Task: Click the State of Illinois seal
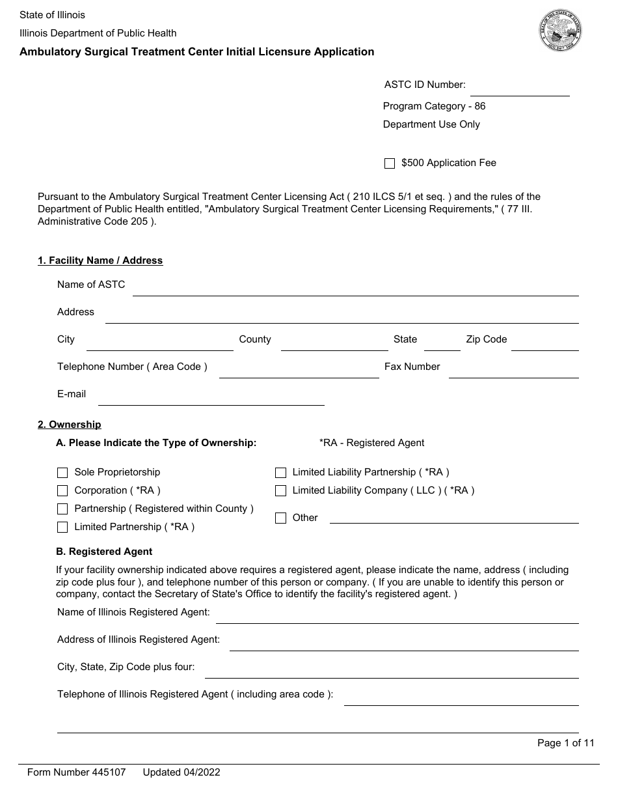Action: point(560,31)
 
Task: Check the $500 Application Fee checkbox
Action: point(390,163)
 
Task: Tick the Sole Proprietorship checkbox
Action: point(62,473)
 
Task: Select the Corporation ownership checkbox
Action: point(62,491)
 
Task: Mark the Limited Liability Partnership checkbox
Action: point(280,473)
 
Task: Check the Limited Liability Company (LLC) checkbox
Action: point(280,491)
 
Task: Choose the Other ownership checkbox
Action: point(280,518)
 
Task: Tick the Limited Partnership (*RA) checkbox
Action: point(62,527)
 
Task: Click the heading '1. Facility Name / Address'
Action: point(100,260)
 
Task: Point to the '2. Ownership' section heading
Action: point(70,425)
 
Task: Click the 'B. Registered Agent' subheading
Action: point(104,552)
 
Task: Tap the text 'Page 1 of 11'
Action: point(565,743)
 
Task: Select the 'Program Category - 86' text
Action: point(434,106)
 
